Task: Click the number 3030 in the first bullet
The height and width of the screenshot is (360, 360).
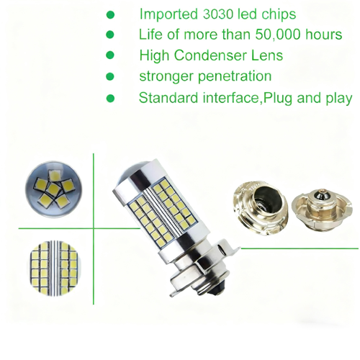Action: tap(217, 14)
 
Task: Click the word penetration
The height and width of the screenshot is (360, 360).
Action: tap(235, 76)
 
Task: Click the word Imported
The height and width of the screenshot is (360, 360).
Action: tap(168, 14)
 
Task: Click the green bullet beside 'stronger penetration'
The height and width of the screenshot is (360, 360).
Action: tap(110, 76)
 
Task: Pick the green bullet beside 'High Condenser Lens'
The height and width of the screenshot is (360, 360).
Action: tap(110, 55)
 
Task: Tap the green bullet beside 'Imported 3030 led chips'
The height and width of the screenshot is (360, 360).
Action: tap(110, 14)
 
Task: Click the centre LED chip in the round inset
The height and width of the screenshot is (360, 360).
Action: tap(53, 189)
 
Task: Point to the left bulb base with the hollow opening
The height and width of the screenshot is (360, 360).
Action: tap(261, 208)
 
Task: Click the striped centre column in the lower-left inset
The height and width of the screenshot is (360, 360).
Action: tap(55, 267)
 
